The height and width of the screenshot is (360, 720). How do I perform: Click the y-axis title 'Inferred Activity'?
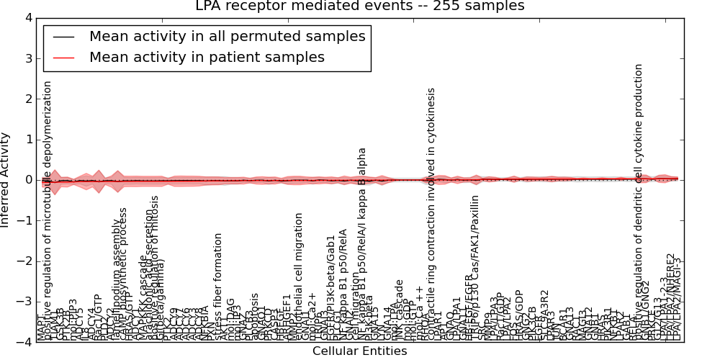point(6,180)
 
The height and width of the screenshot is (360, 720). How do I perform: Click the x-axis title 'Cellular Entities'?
point(359,351)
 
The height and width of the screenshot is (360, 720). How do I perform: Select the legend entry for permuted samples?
point(227,37)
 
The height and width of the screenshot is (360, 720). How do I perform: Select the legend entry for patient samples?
point(207,58)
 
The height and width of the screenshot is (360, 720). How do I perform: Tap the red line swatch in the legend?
point(64,58)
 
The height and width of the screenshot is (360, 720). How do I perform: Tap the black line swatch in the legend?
point(64,37)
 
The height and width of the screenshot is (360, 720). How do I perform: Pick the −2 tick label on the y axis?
point(24,261)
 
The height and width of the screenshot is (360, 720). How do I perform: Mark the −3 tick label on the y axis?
point(24,302)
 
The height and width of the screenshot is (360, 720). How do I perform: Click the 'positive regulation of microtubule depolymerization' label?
point(48,209)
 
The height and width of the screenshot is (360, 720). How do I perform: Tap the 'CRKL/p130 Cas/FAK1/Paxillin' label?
point(475,267)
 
